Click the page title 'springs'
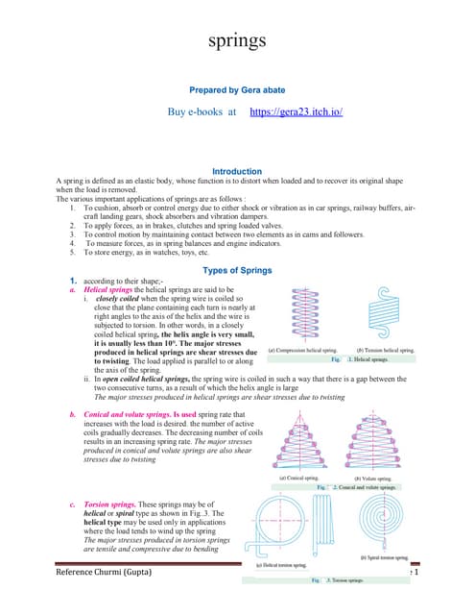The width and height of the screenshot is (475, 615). pyautogui.click(x=236, y=41)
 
